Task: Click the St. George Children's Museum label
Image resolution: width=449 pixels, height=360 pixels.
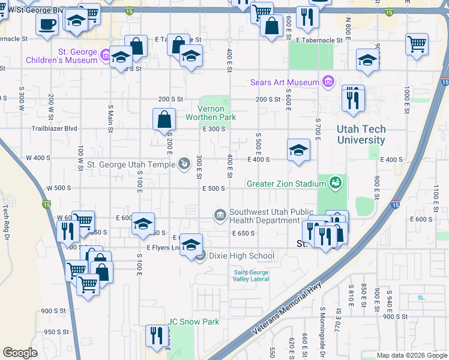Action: pos(61,56)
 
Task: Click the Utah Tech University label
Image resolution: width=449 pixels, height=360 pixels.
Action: pos(361,134)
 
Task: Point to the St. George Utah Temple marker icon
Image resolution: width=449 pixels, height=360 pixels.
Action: pos(184,163)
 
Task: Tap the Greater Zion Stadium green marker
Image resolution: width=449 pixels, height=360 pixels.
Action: pos(335,183)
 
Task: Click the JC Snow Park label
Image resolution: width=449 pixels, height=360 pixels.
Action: pos(193,322)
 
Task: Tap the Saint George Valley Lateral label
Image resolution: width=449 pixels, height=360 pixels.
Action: pos(252,275)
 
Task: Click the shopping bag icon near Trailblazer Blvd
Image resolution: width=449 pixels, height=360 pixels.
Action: pos(164,120)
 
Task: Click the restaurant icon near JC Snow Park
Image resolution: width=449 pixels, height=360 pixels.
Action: pos(157,336)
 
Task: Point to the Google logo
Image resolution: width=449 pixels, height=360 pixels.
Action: pos(20,353)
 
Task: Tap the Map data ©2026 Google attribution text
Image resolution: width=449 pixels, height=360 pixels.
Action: pos(412,355)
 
